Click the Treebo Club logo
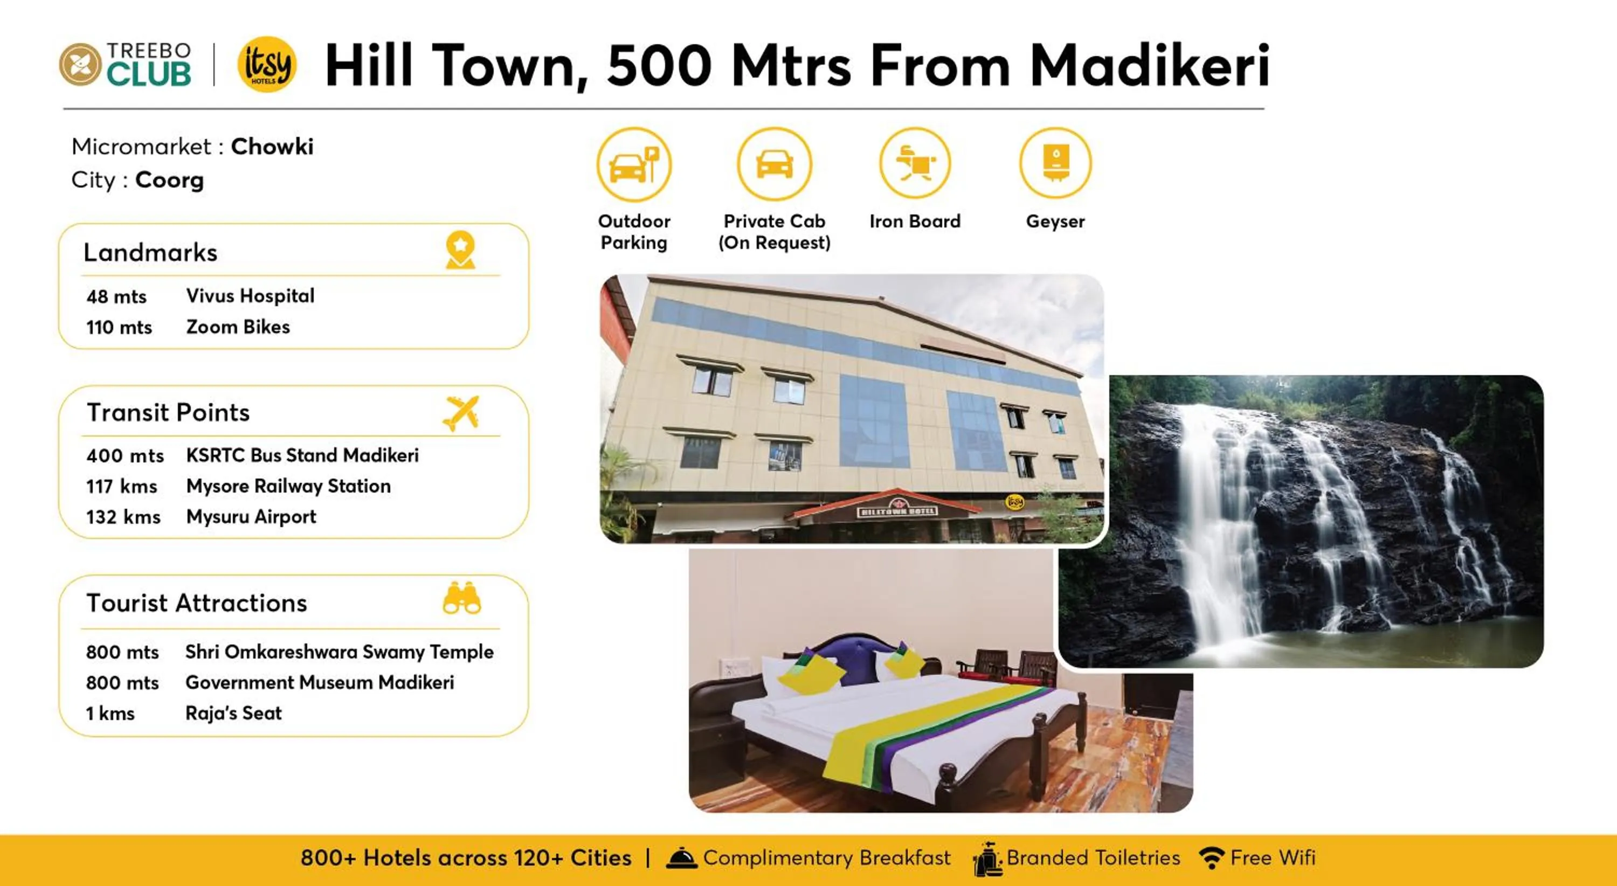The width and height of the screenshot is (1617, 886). click(x=125, y=64)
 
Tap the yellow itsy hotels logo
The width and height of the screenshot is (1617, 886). click(x=267, y=64)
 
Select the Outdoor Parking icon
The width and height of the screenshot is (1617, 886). click(x=633, y=164)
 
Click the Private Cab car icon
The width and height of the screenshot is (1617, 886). click(x=774, y=164)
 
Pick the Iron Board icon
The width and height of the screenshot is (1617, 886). click(x=915, y=163)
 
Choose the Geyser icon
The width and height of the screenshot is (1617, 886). click(x=1055, y=163)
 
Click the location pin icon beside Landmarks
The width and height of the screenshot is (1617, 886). click(x=460, y=250)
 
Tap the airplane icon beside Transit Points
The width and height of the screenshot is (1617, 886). click(x=461, y=412)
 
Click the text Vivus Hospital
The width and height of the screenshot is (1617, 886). click(x=250, y=295)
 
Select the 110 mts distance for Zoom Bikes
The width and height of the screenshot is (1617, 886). click(x=119, y=327)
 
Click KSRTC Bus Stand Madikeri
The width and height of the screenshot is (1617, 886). click(x=302, y=455)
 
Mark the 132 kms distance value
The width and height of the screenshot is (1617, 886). click(x=123, y=517)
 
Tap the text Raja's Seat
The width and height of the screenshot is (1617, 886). click(x=233, y=713)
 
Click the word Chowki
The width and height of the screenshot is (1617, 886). click(x=272, y=146)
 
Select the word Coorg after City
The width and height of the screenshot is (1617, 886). click(x=169, y=180)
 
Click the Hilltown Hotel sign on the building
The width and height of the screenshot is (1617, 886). click(x=897, y=511)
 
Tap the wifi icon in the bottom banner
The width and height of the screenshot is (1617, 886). click(x=1211, y=858)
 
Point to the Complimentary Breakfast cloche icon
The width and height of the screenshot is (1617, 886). click(x=681, y=858)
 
